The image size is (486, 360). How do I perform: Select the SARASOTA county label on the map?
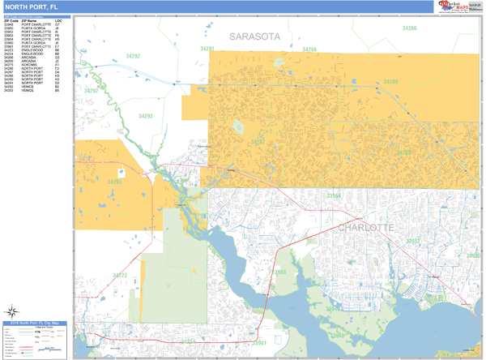pos(254,36)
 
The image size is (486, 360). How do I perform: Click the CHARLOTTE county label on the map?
pos(364,228)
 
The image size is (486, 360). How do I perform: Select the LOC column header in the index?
pos(58,20)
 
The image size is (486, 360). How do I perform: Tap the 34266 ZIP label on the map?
pos(409,28)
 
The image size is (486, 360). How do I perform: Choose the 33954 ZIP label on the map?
pos(335,196)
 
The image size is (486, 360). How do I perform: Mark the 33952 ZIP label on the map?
pos(414,241)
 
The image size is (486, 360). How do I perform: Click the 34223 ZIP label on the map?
pos(120,276)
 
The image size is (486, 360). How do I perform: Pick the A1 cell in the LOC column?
pos(58,66)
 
